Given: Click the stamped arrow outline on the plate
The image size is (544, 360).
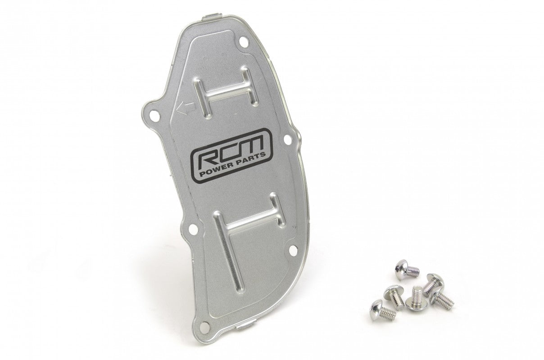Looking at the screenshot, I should [185, 107].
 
